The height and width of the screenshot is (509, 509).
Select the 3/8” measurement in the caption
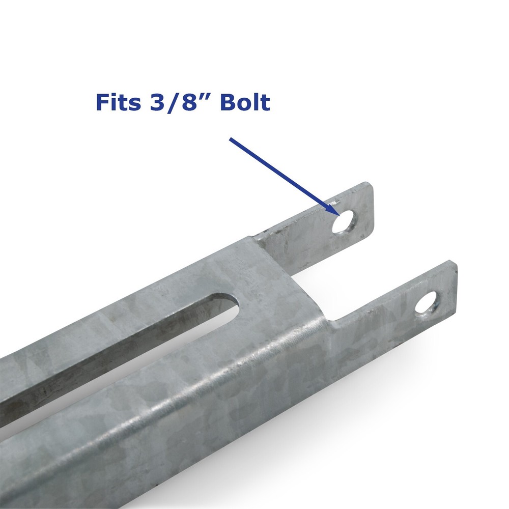click(180, 102)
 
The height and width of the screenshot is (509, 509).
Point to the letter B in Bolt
click(228, 102)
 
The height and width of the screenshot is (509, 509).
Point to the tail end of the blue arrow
click(231, 138)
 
